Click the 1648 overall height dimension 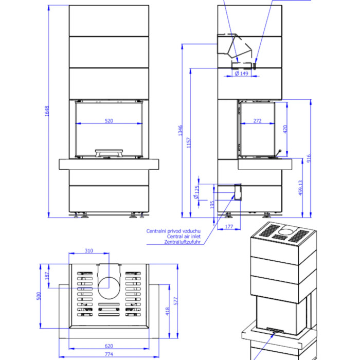point(47,111)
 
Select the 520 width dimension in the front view point(109,120)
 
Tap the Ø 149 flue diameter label point(241,74)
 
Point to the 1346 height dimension point(181,131)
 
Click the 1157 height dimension point(189,142)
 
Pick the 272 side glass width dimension point(257,120)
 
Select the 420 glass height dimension point(285,130)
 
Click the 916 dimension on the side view point(309,158)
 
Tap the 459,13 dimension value point(301,188)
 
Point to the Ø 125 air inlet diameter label point(196,192)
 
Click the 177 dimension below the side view point(229,227)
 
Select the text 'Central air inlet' point(184,237)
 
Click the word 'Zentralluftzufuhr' point(182,242)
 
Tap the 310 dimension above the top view point(89,251)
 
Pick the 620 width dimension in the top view point(109,346)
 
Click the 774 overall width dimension point(109,354)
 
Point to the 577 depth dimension point(176,301)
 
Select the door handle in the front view point(109,153)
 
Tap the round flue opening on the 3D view point(289,231)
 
